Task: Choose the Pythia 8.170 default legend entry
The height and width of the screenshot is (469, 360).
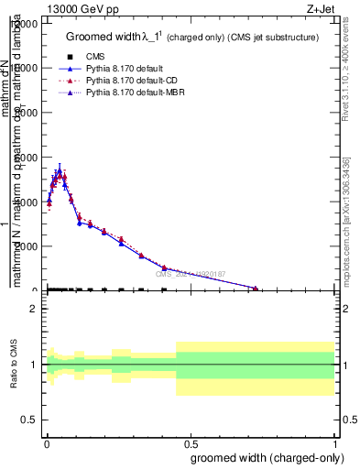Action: click(x=129, y=69)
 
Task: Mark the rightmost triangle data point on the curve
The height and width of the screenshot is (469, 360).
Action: click(x=256, y=288)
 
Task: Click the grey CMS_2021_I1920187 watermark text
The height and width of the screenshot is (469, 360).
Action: click(x=190, y=274)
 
